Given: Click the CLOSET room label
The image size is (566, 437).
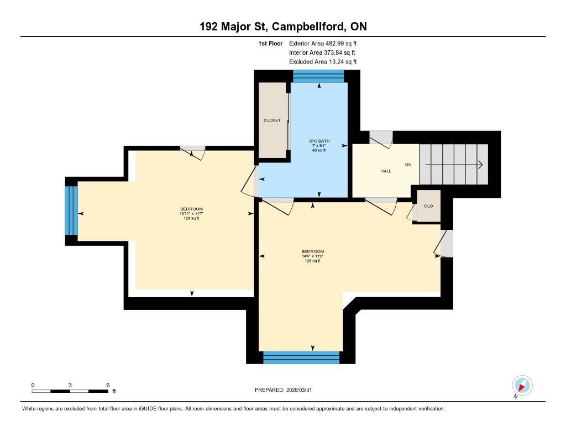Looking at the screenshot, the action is click(272, 120).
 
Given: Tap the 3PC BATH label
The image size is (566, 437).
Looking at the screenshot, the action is click(319, 141).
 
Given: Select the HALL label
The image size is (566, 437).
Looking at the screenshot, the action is click(385, 171).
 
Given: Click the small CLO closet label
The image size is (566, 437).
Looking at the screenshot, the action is click(428, 206).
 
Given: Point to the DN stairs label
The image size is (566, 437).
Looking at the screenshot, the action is click(408, 165).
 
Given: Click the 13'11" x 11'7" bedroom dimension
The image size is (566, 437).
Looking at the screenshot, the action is click(191, 214).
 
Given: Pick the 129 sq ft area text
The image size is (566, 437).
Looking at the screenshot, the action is click(313, 261).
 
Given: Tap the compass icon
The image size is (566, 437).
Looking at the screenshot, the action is click(522, 386).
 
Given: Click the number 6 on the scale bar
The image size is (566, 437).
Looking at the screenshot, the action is click(108, 385).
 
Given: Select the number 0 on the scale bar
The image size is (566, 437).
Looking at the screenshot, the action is click(33, 385).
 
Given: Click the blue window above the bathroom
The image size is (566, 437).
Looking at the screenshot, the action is click(318, 76).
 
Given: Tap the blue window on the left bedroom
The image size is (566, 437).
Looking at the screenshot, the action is click(71, 210).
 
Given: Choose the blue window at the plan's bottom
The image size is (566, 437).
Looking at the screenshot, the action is click(301, 357).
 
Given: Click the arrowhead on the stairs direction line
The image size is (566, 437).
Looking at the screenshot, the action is click(480, 165).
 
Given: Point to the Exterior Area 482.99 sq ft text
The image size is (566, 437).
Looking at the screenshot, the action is click(323, 43).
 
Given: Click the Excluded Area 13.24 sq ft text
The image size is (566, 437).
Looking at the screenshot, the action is click(323, 62).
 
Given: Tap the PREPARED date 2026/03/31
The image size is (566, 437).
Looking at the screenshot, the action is click(299, 389).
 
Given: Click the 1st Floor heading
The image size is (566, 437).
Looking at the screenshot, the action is click(270, 43).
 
